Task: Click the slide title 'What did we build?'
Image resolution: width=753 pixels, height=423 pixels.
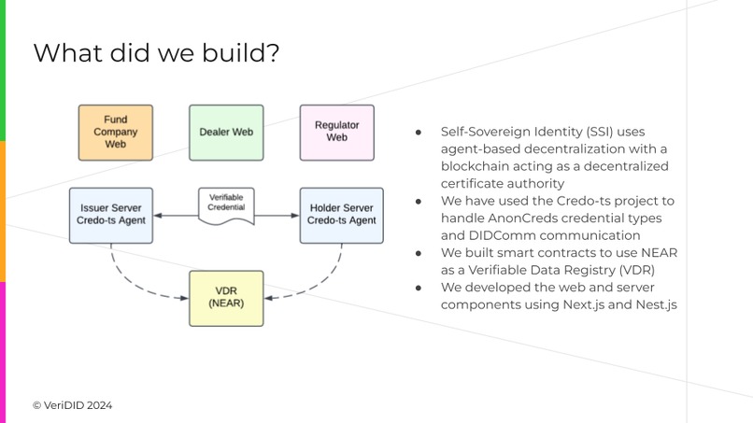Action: tap(155, 53)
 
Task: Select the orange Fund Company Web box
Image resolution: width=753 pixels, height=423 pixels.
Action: tap(116, 133)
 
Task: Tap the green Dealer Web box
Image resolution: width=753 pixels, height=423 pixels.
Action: tap(226, 133)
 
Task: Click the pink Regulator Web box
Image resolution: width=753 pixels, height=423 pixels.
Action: tap(336, 132)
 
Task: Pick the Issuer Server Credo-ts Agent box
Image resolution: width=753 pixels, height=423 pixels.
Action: tap(111, 213)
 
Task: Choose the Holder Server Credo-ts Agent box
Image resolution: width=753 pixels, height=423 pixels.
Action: tap(342, 213)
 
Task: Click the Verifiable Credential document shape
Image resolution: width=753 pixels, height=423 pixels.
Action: tap(226, 205)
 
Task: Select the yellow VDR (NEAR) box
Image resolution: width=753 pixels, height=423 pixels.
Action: tap(226, 298)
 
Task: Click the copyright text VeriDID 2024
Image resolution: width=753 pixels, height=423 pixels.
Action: tap(73, 405)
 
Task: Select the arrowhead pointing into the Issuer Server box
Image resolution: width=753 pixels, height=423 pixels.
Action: tap(160, 216)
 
